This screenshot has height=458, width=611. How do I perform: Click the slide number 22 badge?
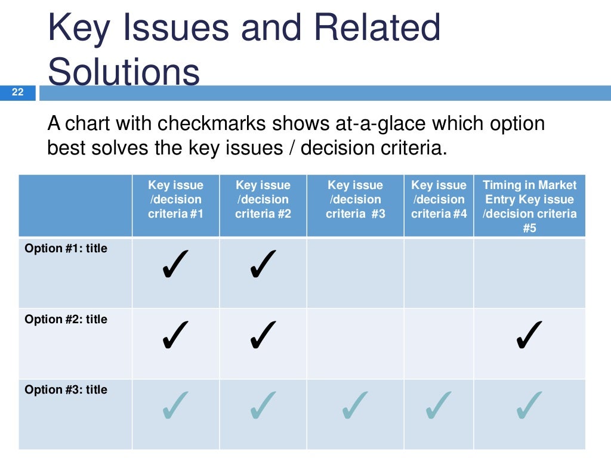coord(17,92)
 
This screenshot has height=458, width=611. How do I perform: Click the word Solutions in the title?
coord(124,73)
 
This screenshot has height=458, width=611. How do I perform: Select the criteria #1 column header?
coord(176,200)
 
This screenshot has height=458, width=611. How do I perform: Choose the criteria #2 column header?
coord(263,200)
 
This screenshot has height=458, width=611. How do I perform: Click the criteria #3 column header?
coord(356,200)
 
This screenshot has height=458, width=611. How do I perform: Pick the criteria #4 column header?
coord(439,200)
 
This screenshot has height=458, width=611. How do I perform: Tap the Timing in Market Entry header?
coord(530,206)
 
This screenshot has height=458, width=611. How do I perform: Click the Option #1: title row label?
coord(66,249)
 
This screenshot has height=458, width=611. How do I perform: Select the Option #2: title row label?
coord(66,320)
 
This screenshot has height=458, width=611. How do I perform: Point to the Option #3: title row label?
coord(66,390)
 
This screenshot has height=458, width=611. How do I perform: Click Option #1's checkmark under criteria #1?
coord(175,264)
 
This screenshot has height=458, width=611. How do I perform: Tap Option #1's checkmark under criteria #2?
coord(263,264)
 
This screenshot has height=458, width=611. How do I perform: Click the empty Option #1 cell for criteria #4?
coord(439,273)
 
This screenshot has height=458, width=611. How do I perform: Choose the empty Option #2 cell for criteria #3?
coord(356,343)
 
